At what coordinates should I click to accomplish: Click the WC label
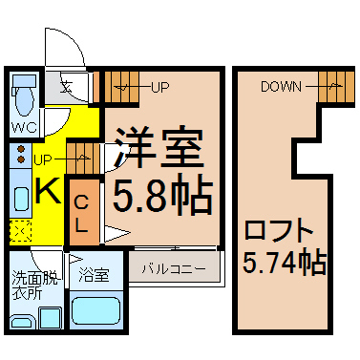(x=25, y=127)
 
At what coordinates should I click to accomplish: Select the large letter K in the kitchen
(x=48, y=190)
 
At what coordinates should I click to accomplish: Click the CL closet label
(x=81, y=214)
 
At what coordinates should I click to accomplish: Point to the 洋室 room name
(x=159, y=147)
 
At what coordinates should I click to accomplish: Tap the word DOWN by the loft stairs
(x=281, y=87)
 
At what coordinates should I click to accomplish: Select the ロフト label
(x=278, y=230)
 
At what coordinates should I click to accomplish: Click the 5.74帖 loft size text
(x=285, y=263)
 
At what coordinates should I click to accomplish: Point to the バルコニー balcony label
(x=174, y=269)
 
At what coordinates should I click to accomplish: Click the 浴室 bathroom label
(x=95, y=274)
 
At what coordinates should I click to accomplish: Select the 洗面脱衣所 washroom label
(x=35, y=285)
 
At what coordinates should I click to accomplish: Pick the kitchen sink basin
(x=22, y=198)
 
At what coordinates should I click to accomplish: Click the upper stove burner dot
(x=21, y=149)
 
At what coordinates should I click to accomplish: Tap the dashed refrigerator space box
(x=21, y=231)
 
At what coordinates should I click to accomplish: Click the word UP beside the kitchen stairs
(x=42, y=160)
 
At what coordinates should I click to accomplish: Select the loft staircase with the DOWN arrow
(x=336, y=87)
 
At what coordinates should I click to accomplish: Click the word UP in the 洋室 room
(x=160, y=87)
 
